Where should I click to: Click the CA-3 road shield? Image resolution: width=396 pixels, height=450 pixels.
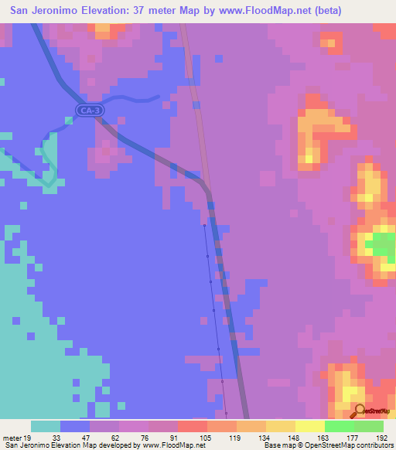click(x=90, y=111)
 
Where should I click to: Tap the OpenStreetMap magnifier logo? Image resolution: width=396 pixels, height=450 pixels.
click(x=359, y=411)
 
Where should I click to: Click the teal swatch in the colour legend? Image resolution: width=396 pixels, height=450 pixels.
click(x=46, y=426)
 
